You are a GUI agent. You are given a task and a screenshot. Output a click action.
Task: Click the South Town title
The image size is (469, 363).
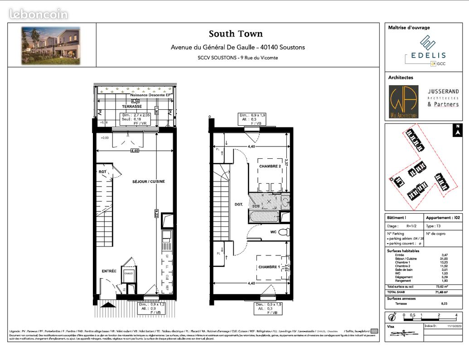tap(236, 34)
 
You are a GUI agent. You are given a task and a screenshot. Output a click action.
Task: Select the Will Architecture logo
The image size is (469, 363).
tap(403, 102)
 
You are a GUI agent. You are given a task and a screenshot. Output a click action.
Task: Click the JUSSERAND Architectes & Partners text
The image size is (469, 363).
tap(443, 98)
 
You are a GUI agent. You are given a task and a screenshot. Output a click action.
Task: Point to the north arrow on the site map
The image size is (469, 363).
tap(458, 130)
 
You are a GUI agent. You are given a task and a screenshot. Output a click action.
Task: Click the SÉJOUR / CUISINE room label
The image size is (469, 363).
tap(148, 181)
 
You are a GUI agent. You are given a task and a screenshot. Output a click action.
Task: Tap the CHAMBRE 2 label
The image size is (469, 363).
tap(270, 167)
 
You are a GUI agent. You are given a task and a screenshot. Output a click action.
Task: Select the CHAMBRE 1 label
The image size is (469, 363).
tap(269, 267)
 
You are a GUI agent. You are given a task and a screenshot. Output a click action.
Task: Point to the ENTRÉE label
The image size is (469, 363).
tap(109, 271)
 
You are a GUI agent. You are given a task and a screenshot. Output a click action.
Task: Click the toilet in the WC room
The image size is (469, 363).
tap(284, 232)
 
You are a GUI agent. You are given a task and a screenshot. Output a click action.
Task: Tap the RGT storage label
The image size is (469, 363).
tap(102, 172)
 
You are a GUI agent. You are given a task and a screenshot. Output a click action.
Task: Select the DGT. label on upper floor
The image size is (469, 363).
tap(239, 205)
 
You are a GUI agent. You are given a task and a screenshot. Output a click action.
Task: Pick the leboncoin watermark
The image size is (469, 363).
tap(39, 14)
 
